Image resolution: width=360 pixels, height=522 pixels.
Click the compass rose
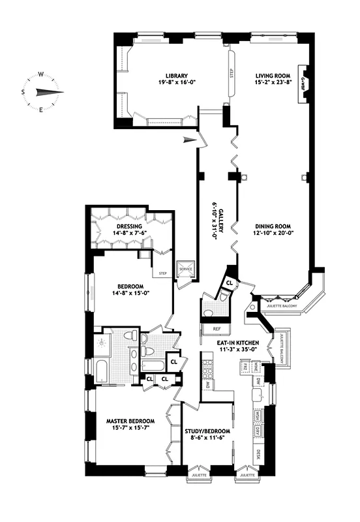[41, 91]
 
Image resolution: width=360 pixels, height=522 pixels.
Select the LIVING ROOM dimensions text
[271, 84]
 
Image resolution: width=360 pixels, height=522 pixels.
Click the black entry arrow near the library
[189, 138]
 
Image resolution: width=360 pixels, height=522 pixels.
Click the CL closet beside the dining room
[229, 283]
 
